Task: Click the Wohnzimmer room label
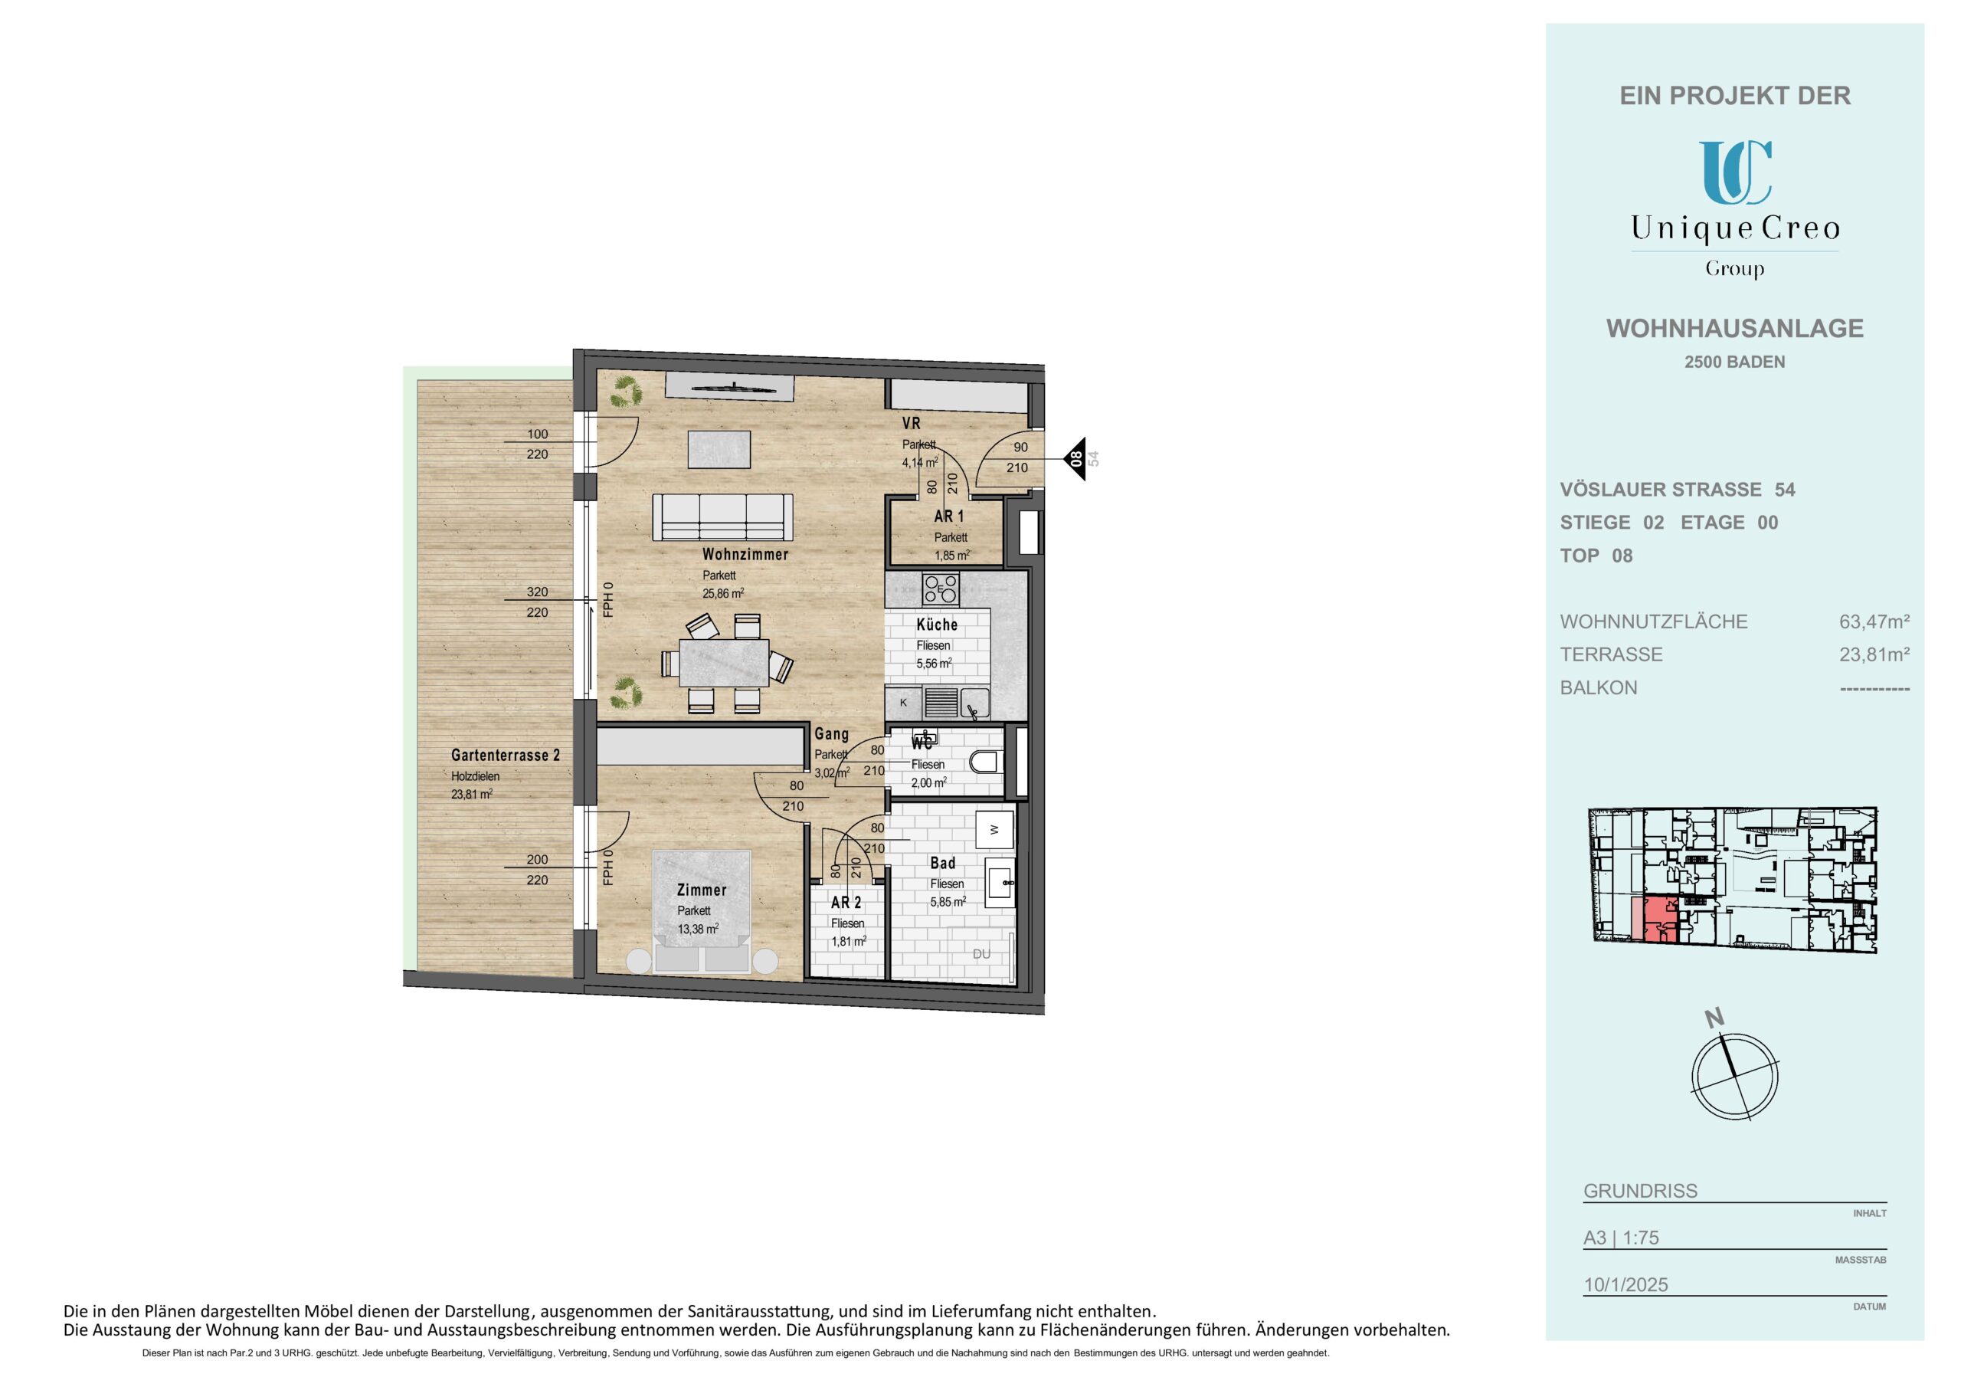pos(745,555)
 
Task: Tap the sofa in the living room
pos(722,517)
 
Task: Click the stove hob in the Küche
pos(941,589)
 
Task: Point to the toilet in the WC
pos(987,762)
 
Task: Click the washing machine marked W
pos(994,829)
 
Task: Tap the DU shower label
pos(981,954)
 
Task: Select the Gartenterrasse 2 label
pos(506,756)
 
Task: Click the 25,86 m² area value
pos(722,593)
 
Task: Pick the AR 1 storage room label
pos(948,516)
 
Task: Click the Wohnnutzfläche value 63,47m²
pos(1874,621)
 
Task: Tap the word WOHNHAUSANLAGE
pos(1735,328)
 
